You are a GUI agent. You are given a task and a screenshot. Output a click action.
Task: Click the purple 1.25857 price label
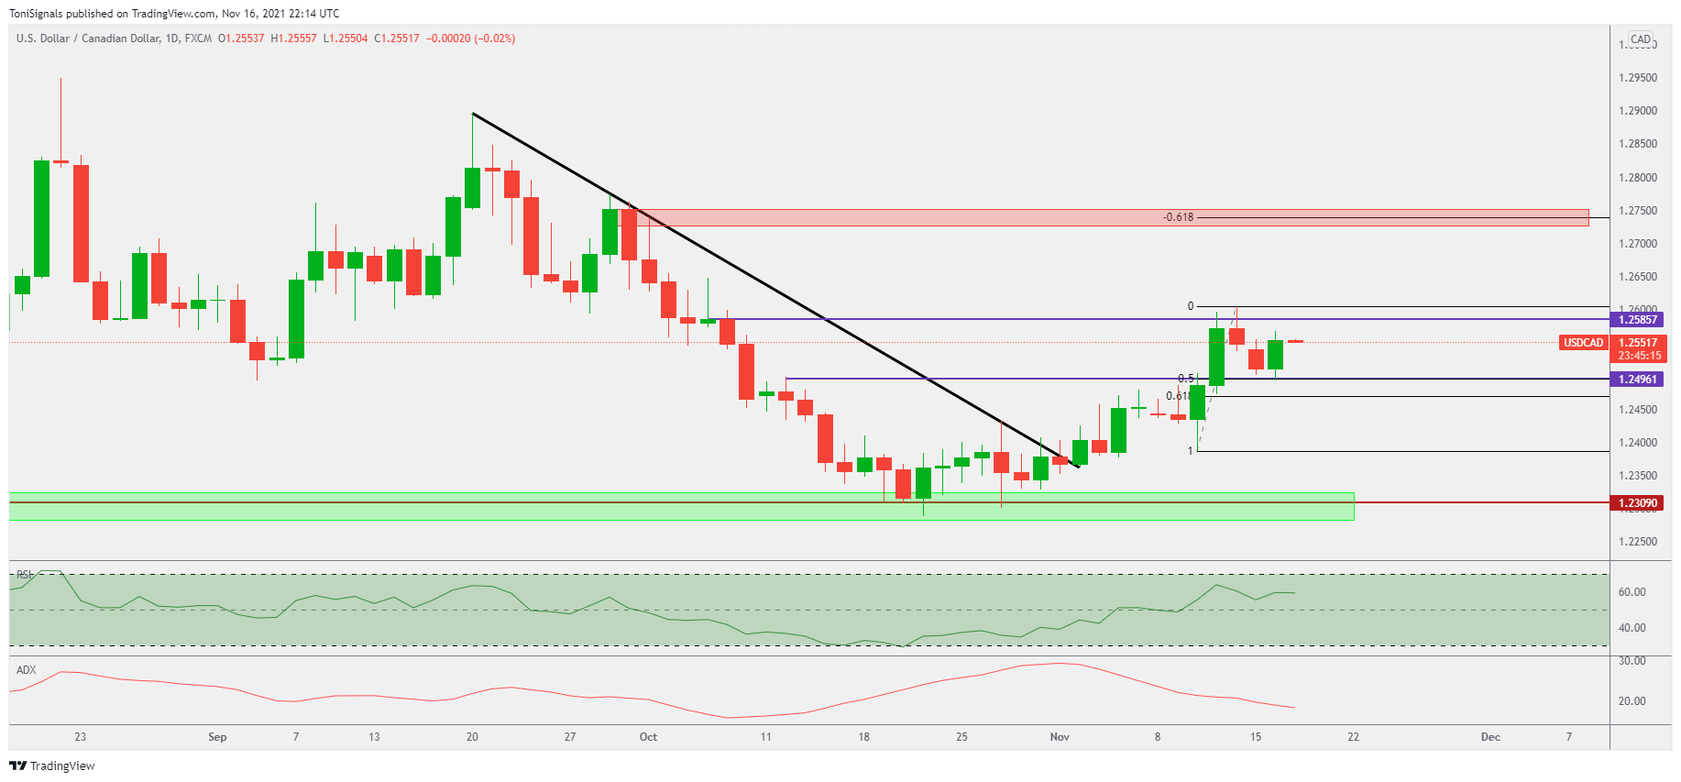1637,320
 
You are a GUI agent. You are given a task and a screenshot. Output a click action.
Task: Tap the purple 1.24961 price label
1637,380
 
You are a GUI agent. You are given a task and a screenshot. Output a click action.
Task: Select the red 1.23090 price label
1637,503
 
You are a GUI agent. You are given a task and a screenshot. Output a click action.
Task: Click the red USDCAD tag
1583,343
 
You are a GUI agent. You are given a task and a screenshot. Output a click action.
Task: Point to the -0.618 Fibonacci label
1178,217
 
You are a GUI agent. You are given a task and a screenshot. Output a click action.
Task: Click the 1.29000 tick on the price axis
1638,111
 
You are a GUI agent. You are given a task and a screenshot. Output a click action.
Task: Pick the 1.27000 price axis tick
1638,244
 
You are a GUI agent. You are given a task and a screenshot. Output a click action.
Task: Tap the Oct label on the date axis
648,737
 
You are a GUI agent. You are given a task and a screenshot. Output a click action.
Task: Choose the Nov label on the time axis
1060,737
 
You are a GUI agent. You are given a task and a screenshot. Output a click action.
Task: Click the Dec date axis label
1490,737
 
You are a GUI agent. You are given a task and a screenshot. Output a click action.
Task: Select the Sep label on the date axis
217,737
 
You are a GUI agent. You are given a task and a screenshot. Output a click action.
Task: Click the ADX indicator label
27,670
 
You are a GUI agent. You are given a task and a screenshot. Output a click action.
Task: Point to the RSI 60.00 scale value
1632,592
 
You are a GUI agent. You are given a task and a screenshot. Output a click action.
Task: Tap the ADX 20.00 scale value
1632,701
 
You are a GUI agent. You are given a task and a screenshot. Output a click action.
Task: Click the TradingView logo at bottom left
52,765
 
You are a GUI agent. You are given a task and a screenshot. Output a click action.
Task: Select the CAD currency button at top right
1640,39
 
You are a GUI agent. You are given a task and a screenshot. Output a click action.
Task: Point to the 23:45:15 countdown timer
1639,356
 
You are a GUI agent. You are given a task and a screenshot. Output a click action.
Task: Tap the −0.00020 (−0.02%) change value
470,39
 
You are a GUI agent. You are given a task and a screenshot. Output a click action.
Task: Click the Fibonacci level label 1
1191,451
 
